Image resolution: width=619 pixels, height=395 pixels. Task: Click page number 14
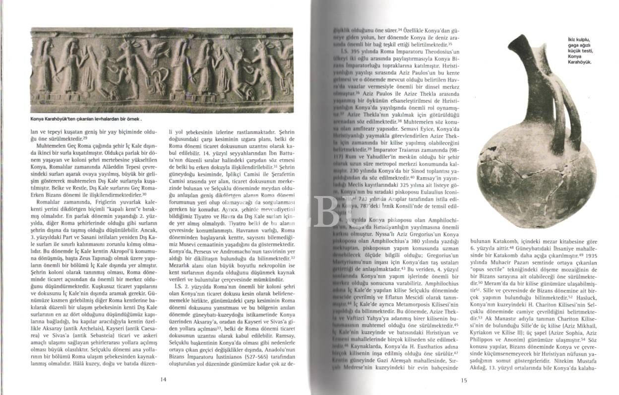point(163,380)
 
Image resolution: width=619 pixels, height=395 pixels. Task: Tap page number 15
point(464,380)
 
